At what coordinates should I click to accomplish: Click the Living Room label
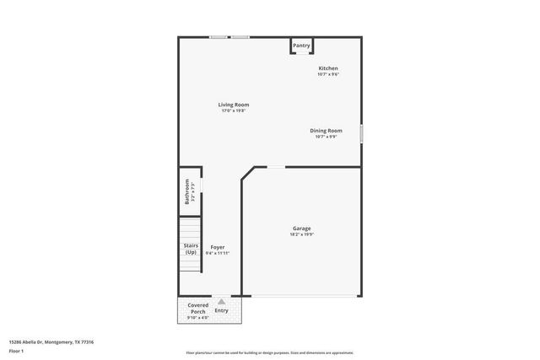235,105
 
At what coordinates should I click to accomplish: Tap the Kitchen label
327,68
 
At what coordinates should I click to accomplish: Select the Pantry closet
301,46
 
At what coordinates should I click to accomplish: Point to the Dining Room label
326,131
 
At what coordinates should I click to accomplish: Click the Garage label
301,228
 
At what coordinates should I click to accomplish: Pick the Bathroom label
188,192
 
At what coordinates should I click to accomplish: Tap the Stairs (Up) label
191,249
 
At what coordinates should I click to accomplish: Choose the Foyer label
218,247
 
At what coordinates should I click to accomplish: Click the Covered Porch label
197,308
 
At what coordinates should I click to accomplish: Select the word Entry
221,310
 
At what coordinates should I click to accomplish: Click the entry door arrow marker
220,299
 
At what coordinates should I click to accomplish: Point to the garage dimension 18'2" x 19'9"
301,234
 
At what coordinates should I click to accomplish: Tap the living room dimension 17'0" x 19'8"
235,110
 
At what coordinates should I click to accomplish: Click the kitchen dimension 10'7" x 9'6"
327,74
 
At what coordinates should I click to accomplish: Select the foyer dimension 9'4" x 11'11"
218,253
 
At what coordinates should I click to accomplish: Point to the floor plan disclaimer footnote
270,352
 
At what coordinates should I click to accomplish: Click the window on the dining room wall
361,133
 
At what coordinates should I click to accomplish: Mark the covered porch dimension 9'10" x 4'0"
197,318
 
